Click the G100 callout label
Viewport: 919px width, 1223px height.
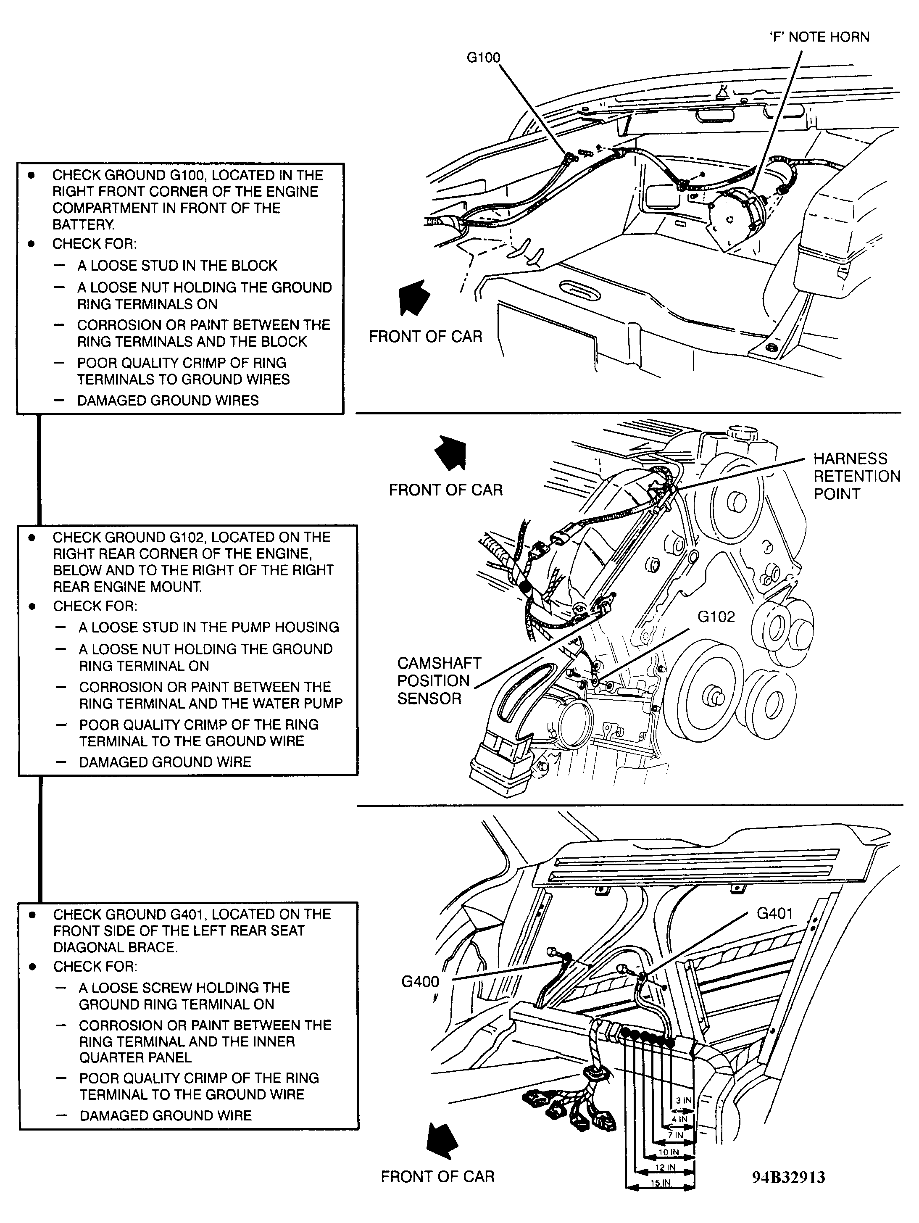pyautogui.click(x=483, y=57)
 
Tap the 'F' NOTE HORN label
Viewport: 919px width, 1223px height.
pyautogui.click(x=819, y=37)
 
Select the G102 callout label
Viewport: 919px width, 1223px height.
pyautogui.click(x=716, y=617)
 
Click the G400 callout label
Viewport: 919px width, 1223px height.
pyautogui.click(x=420, y=982)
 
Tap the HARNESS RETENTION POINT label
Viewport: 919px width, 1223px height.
pyautogui.click(x=856, y=476)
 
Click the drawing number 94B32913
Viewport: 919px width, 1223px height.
pyautogui.click(x=788, y=1177)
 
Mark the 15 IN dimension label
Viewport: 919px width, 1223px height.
pyautogui.click(x=660, y=1183)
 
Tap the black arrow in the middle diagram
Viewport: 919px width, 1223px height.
pyautogui.click(x=452, y=452)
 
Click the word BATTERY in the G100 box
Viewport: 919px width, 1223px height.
pyautogui.click(x=83, y=225)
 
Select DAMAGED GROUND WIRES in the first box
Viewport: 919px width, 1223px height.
pyautogui.click(x=168, y=400)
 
